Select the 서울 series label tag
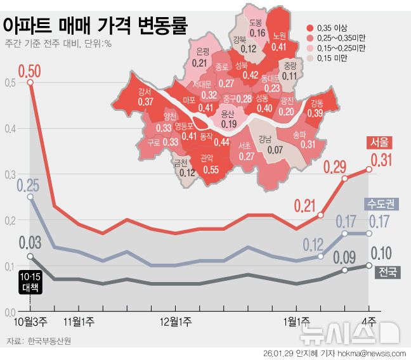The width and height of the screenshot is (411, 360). pyautogui.click(x=379, y=142)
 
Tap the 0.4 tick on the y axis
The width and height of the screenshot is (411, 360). pyautogui.click(x=8, y=129)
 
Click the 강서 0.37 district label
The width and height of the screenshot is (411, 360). pyautogui.click(x=145, y=97)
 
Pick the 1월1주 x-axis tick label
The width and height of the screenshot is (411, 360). pyautogui.click(x=296, y=322)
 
